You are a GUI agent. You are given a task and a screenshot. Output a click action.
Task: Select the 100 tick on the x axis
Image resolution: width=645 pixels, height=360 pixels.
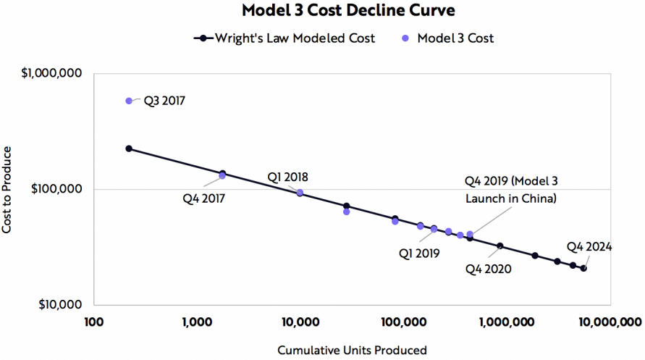tap(93, 322)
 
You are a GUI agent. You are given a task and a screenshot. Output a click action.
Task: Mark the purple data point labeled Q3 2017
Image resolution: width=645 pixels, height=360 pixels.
tap(129, 101)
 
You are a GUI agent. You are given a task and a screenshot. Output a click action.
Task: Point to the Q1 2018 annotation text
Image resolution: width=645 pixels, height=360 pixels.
tap(288, 177)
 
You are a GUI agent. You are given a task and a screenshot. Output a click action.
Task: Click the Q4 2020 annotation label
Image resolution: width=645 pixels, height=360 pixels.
tap(489, 269)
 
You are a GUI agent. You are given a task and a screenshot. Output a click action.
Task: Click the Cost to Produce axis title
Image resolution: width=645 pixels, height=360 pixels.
tap(8, 189)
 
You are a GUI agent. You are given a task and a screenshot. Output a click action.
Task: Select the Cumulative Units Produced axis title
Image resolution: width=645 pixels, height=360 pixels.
tap(352, 351)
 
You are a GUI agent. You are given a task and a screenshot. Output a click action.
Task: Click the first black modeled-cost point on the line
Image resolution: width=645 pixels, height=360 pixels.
tap(129, 148)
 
